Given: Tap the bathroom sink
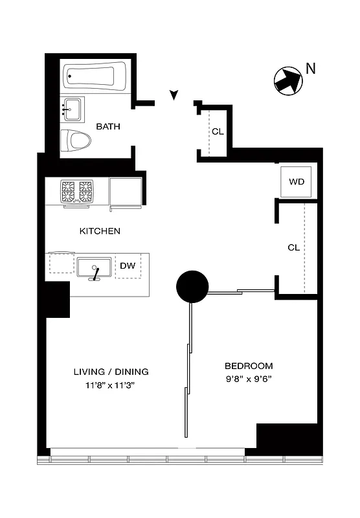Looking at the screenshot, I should (73, 109).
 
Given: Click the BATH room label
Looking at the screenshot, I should (108, 126).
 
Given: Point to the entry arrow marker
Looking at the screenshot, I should (173, 96).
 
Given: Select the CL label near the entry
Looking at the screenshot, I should (218, 131).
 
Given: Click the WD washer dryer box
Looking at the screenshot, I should (297, 181).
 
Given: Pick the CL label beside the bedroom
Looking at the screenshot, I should (294, 247).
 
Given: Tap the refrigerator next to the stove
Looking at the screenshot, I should (126, 193).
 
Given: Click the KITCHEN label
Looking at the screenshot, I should (100, 231).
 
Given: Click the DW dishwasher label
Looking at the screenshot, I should (128, 265).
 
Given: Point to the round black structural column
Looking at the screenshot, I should (192, 286).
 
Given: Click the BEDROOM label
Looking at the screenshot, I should (249, 366).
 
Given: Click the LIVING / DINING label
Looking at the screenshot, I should (111, 372).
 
